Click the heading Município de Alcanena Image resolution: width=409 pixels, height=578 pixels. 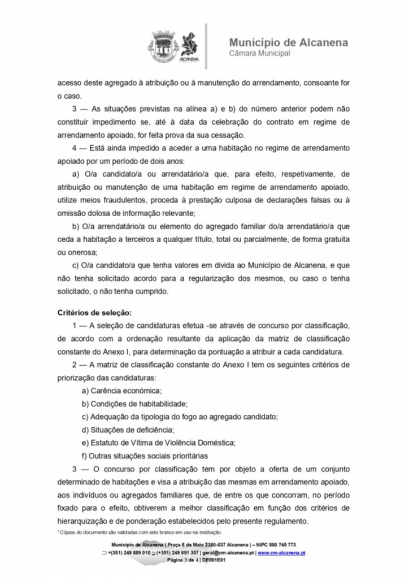(289, 43)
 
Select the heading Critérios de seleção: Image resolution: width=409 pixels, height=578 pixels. (94, 312)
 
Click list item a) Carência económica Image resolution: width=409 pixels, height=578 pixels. (122, 391)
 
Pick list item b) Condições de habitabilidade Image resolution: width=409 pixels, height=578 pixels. (134, 404)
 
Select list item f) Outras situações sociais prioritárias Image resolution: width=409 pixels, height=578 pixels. (145, 456)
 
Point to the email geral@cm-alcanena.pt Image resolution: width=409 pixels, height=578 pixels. (229, 553)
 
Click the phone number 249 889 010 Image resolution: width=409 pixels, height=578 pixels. (135, 553)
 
